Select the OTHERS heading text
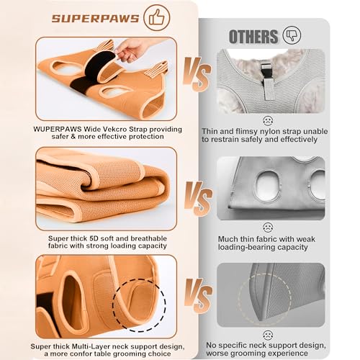coord(253,36)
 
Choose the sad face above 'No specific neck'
coord(268,335)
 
